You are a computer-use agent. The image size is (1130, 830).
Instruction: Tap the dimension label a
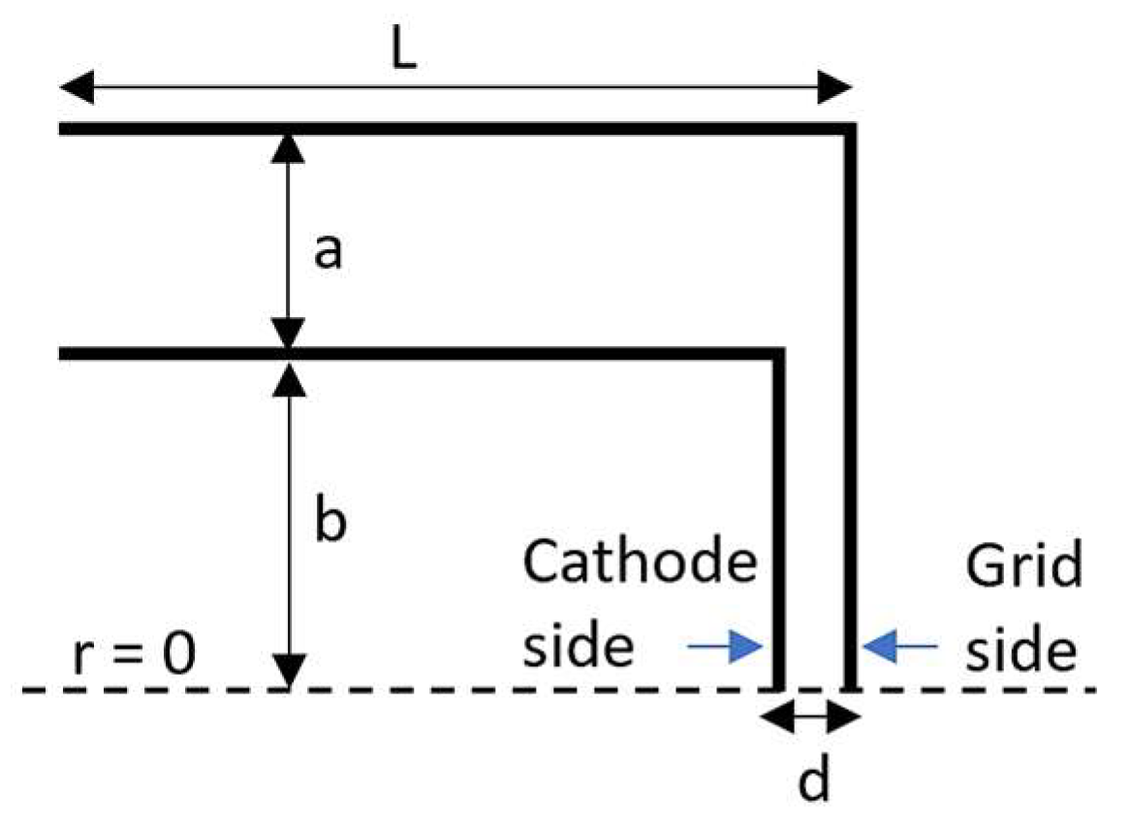330,253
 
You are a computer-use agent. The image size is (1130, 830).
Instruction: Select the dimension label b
330,522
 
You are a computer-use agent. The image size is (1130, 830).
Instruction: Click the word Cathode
639,563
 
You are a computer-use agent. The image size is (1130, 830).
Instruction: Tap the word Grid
1023,568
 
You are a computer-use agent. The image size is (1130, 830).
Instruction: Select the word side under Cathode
580,647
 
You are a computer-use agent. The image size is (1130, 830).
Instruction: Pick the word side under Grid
1023,647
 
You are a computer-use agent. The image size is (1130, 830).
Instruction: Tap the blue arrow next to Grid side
901,646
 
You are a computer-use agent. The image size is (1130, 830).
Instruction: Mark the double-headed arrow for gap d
811,718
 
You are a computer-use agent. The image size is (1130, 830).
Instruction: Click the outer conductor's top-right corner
851,129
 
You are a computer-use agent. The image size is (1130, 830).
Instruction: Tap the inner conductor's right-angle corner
776,354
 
